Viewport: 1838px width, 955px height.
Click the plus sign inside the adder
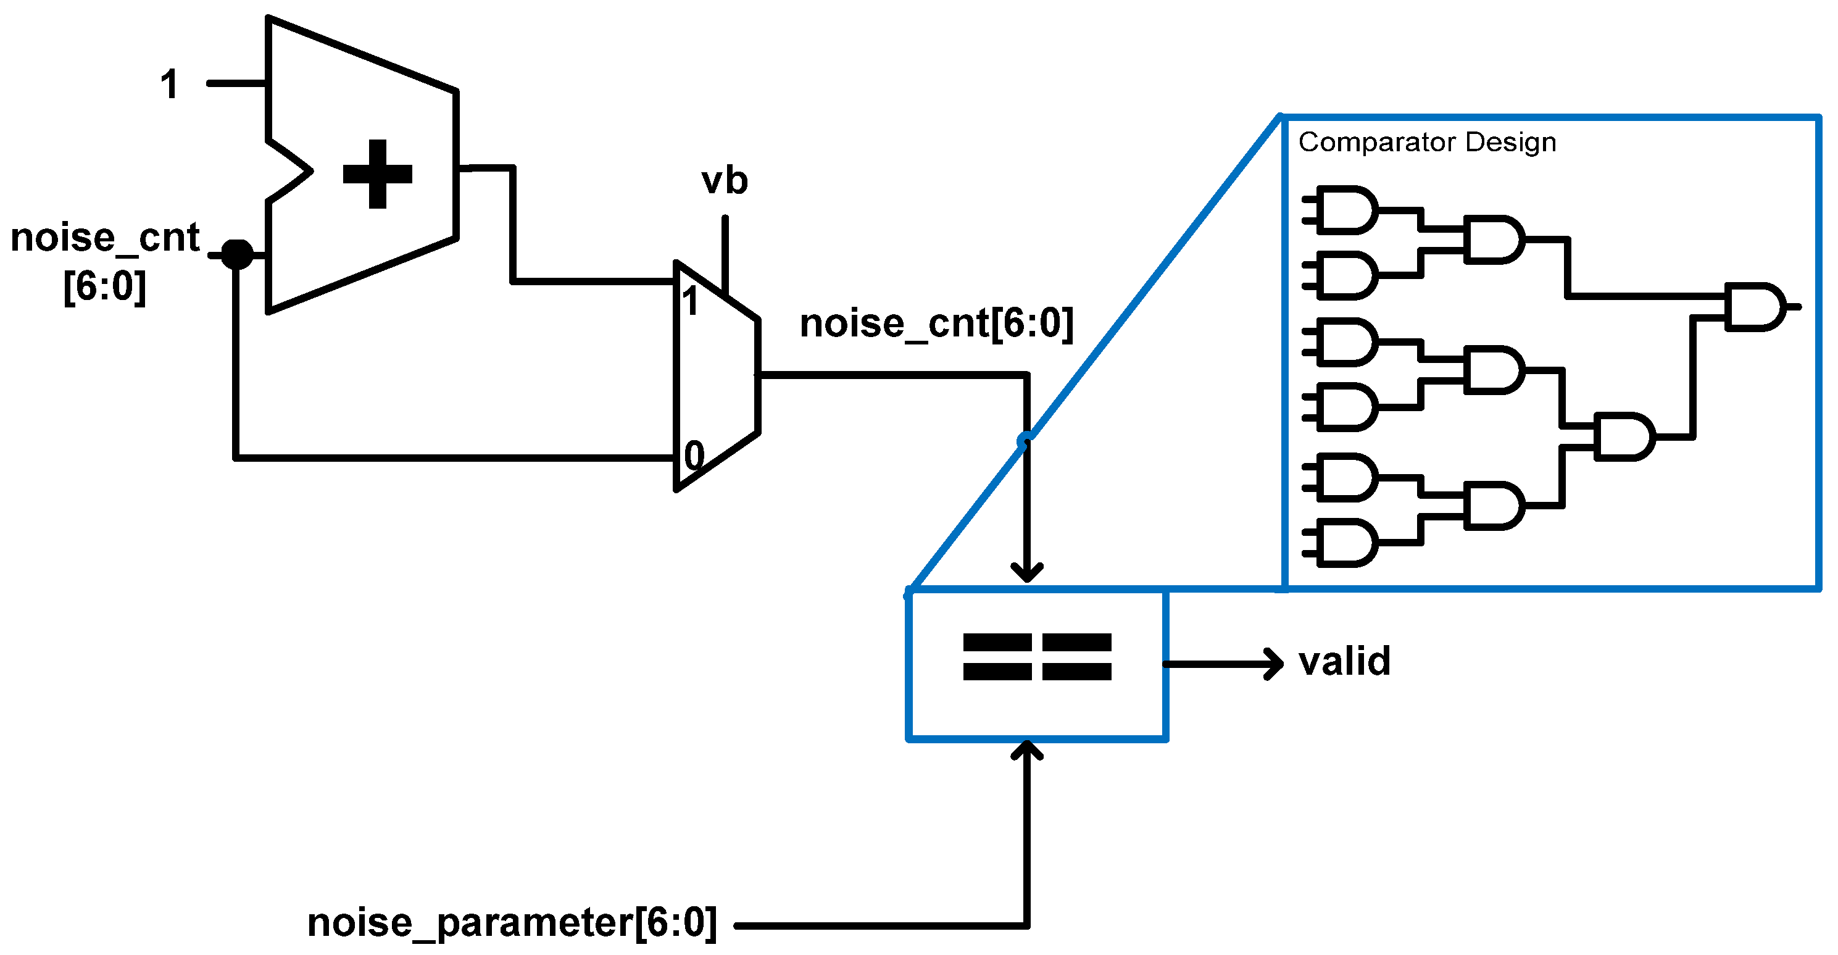pos(378,173)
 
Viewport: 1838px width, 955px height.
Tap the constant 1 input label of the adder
pos(169,84)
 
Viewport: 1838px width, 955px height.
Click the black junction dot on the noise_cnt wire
pos(237,254)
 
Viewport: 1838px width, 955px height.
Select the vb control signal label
pos(724,181)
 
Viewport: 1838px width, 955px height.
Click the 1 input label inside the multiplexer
pos(689,301)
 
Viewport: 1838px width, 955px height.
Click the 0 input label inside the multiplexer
pos(694,456)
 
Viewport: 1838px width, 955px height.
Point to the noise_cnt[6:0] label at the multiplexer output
pos(936,323)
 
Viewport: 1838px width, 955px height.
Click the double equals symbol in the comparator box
pos(1037,657)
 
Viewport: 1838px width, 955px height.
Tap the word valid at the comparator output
pos(1344,662)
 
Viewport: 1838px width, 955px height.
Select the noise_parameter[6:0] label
pos(512,923)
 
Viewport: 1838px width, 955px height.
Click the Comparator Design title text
pos(1426,142)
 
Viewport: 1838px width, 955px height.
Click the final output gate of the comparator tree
pos(1755,307)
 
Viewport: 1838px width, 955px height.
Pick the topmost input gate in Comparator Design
pos(1345,211)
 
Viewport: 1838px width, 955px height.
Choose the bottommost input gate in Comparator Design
pos(1345,543)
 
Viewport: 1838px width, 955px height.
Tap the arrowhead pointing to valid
pos(1274,664)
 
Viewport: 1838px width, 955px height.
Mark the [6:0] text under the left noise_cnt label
pos(105,287)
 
